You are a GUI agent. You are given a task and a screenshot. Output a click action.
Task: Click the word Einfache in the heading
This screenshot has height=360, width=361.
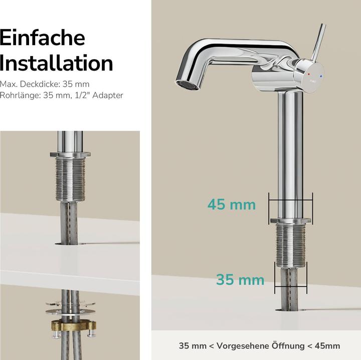coord(43,38)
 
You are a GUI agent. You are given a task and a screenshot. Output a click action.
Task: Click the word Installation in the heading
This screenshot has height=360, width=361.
coord(57,64)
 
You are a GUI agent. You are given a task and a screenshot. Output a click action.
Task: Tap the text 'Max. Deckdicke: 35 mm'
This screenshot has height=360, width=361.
coord(45,84)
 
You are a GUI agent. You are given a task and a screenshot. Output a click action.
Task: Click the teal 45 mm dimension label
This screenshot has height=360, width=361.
coord(232,204)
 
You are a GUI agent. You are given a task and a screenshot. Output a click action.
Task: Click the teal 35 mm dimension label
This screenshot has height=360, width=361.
coord(240,279)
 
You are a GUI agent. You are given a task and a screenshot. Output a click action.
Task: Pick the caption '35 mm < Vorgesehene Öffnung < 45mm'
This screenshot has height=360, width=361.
coord(259,345)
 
